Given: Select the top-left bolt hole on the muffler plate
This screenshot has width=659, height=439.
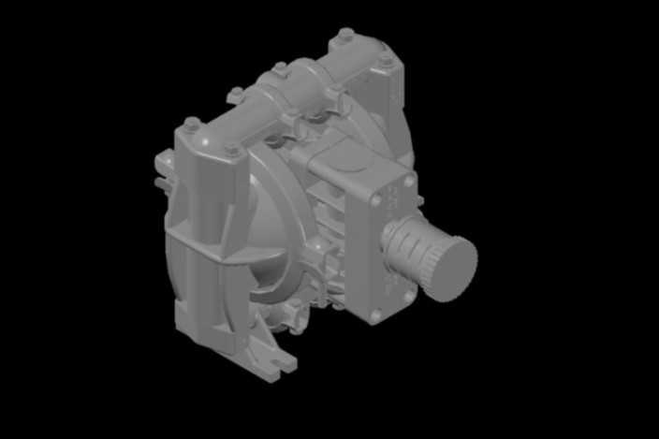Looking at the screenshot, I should point(375,200).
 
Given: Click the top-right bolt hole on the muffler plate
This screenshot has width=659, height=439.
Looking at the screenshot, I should point(408,178).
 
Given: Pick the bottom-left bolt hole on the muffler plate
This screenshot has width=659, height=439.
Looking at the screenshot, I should point(375,316).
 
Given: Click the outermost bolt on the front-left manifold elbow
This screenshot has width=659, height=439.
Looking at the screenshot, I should point(192,123).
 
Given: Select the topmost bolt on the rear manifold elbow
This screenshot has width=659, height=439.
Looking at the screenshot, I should point(345,34).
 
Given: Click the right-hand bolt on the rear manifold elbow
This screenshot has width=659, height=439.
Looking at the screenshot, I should point(386,58).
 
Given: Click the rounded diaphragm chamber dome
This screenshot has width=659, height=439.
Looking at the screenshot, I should point(267,229).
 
